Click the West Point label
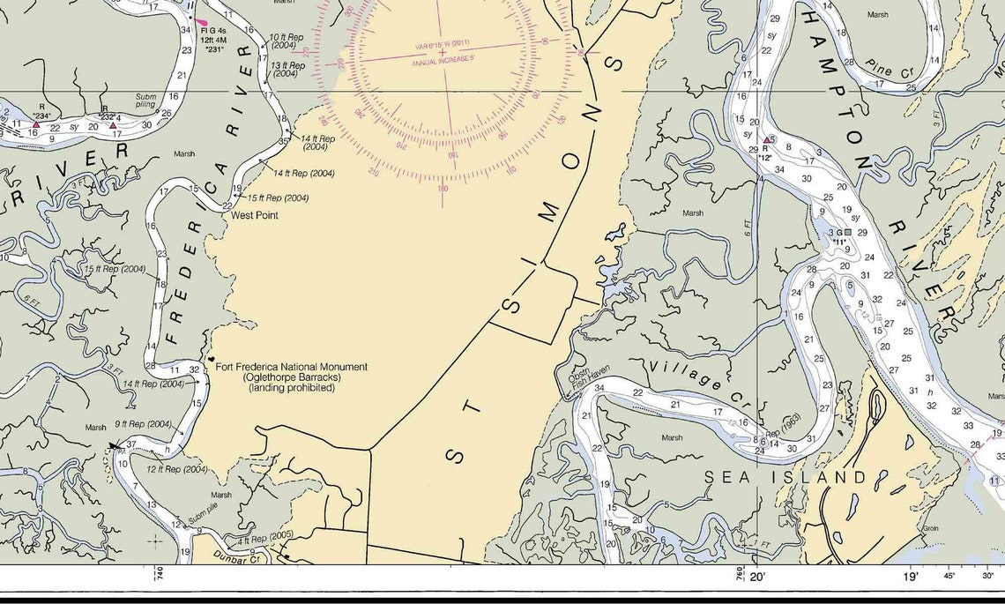coord(255,215)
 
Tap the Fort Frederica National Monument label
coord(292,367)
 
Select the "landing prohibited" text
coord(292,388)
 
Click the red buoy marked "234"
coord(36,125)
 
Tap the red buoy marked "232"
coord(113,125)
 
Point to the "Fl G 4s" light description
coord(214,32)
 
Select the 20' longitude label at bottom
coord(758,577)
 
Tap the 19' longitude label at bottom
coord(910,577)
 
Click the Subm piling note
coord(145,101)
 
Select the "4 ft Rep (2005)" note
coord(264,537)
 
